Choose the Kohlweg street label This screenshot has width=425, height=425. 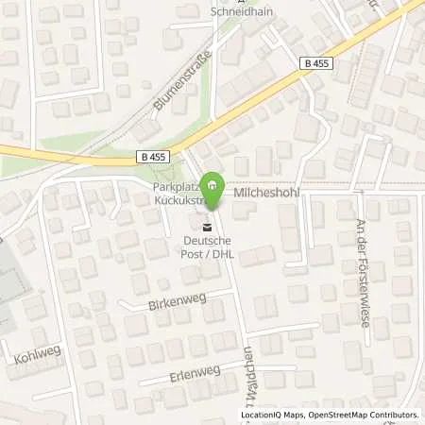(33, 360)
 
